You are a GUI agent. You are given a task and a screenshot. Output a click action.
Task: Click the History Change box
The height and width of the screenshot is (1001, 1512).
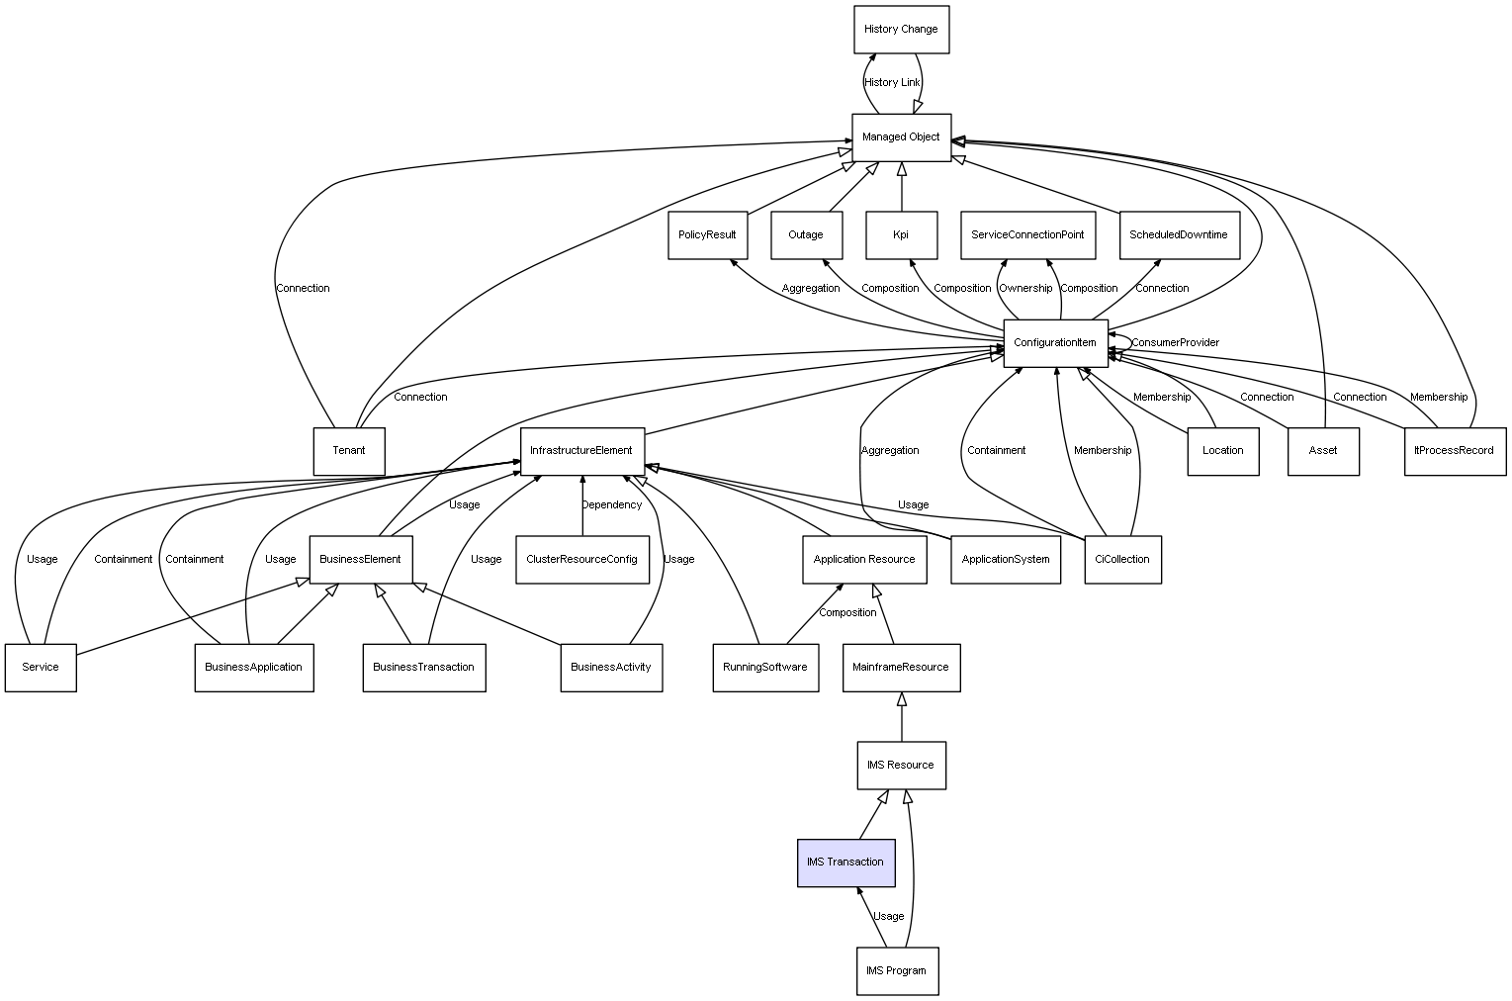[901, 30]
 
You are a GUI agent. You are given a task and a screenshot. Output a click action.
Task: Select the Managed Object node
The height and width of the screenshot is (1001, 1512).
[901, 137]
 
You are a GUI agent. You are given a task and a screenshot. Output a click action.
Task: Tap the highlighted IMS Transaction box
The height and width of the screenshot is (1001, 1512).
[845, 863]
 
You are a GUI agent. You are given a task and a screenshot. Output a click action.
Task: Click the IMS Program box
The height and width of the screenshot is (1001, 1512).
[897, 971]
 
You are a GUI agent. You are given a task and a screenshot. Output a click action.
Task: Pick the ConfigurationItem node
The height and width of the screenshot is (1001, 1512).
[1055, 343]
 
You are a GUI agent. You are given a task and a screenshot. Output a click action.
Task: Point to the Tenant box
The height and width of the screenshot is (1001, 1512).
[349, 451]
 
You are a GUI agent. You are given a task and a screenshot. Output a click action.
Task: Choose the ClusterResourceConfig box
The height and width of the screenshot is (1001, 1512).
[581, 560]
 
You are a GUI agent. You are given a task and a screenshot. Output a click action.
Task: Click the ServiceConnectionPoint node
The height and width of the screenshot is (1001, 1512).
[1027, 235]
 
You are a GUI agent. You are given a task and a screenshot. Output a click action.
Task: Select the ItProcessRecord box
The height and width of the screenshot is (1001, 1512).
[1455, 451]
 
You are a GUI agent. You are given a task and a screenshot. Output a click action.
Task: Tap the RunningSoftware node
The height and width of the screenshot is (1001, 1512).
[765, 668]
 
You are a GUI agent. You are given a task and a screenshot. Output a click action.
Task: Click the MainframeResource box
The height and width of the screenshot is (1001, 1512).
[901, 668]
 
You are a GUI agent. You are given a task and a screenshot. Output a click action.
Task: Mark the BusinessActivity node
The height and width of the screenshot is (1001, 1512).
[611, 668]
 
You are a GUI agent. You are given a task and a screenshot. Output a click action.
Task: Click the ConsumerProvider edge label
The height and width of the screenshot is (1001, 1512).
[1175, 343]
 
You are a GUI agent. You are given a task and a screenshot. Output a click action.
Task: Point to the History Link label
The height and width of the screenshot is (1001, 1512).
[892, 83]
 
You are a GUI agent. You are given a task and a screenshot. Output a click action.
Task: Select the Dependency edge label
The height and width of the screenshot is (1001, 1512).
[611, 505]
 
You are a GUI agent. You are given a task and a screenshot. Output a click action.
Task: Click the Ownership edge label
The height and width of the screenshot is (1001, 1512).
[1025, 289]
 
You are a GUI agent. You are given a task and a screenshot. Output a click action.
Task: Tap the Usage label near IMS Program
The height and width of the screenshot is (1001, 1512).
[888, 917]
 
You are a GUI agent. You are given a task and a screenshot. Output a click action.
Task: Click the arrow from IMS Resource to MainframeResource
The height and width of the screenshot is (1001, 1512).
[901, 717]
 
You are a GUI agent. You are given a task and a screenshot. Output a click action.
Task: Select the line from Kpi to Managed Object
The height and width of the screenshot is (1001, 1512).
[901, 188]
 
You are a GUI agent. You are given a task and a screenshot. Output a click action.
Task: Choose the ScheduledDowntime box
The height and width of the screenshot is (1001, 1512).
[1179, 235]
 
